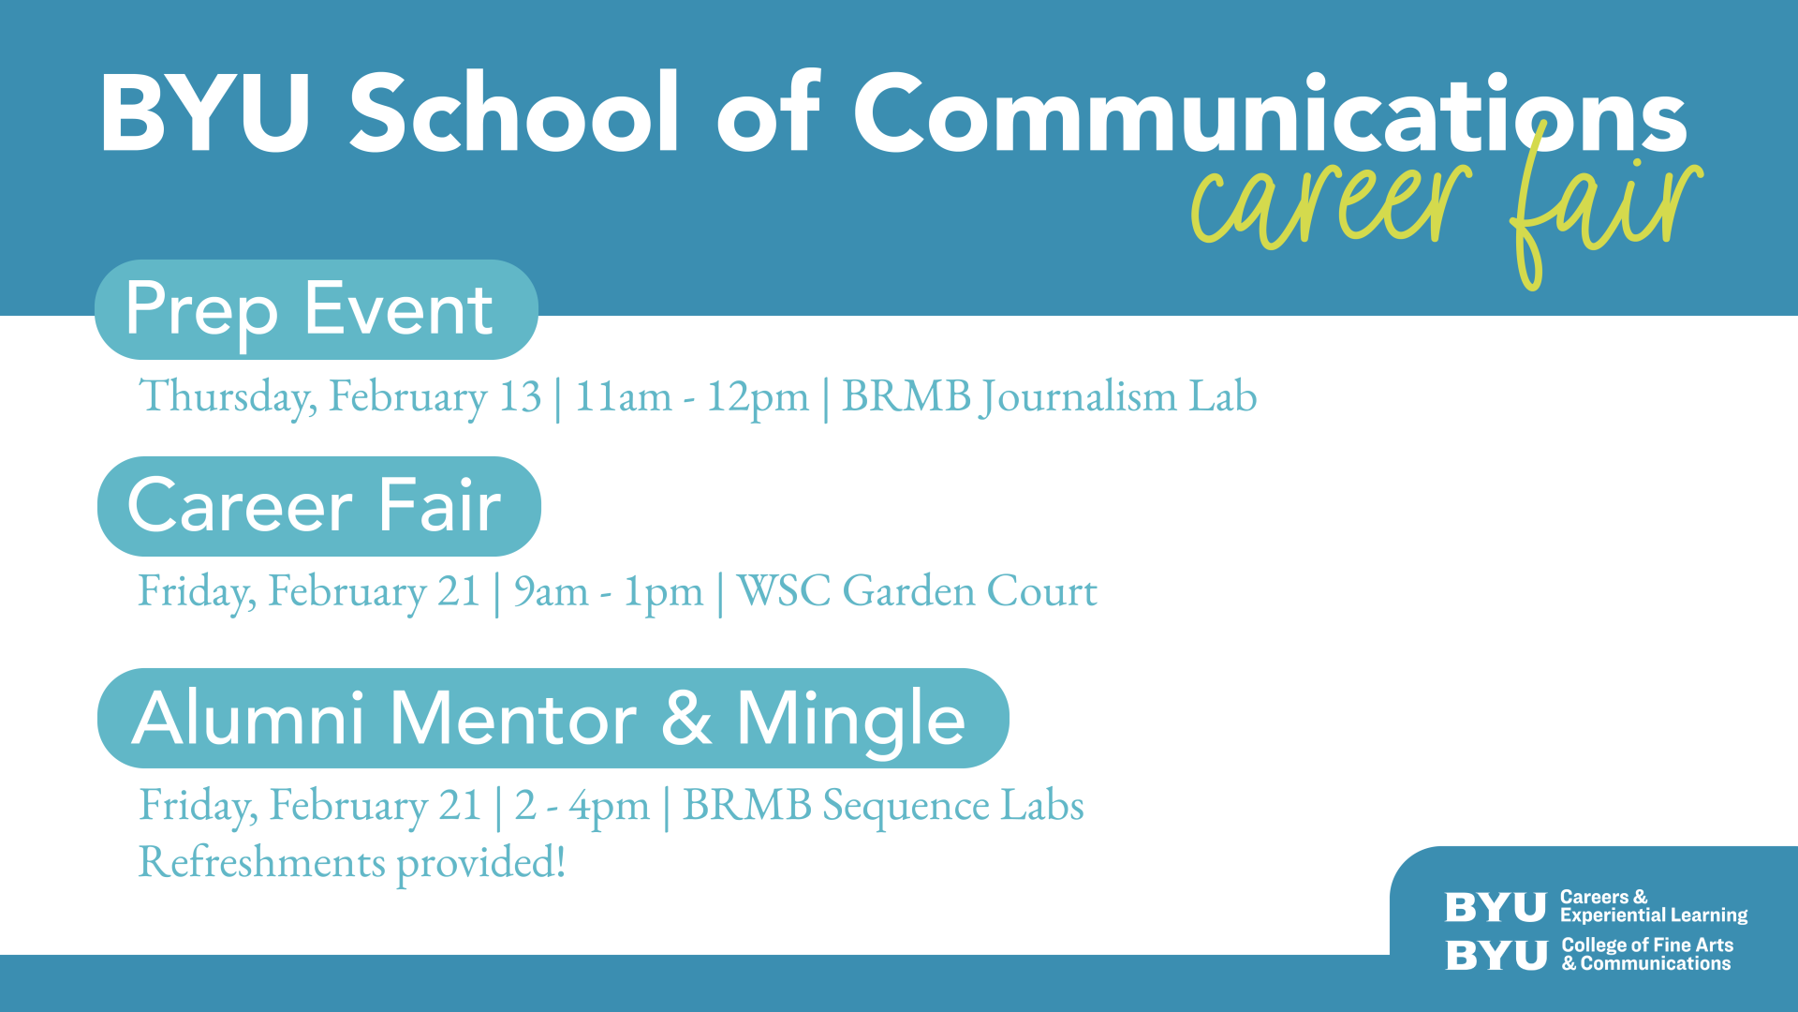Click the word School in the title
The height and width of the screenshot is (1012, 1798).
point(513,112)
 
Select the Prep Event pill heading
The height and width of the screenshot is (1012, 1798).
point(317,309)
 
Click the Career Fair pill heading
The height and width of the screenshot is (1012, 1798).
point(319,506)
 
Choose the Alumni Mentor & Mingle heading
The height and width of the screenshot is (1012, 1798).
point(553,719)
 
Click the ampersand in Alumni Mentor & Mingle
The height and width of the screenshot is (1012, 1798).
point(686,719)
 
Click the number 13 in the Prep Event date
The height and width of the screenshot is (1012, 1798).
point(520,396)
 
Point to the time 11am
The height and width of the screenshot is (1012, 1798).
point(623,396)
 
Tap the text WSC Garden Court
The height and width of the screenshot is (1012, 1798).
point(917,591)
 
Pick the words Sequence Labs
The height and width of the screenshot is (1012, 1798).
point(953,806)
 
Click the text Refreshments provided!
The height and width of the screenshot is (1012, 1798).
point(352,862)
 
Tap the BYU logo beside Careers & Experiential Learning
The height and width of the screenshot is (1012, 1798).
point(1496,907)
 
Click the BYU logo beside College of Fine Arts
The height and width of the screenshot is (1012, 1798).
point(1496,956)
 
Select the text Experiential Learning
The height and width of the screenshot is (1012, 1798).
point(1654,915)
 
